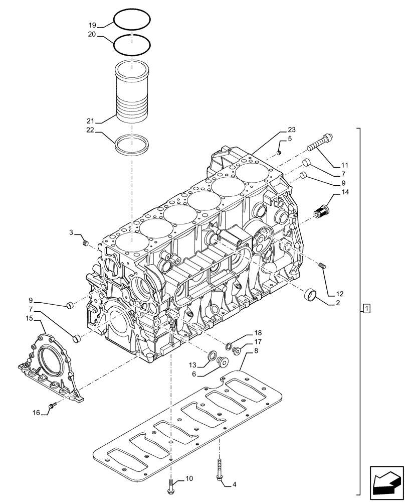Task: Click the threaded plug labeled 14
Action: click(x=321, y=211)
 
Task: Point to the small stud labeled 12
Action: click(x=323, y=266)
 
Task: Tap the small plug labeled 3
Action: click(x=85, y=243)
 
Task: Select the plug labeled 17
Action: click(x=237, y=350)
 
